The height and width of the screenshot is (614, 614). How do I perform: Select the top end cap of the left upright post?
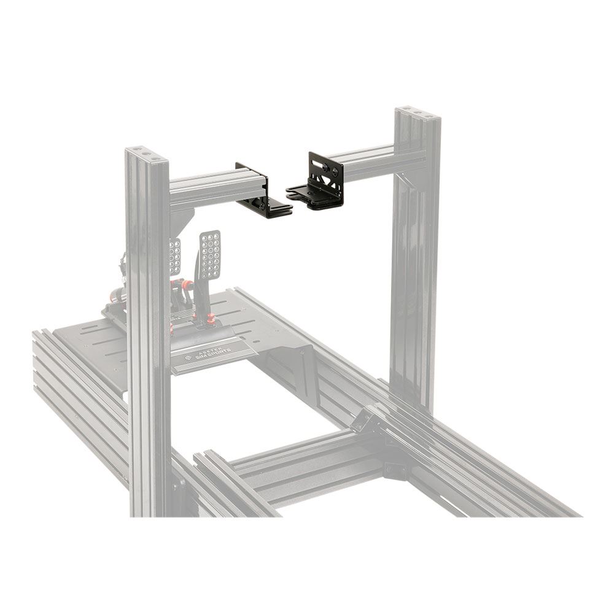[146, 152]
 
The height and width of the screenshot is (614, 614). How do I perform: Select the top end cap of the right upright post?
[418, 114]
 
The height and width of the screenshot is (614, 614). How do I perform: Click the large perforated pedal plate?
[210, 253]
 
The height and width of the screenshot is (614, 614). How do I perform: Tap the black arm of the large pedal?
[198, 289]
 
